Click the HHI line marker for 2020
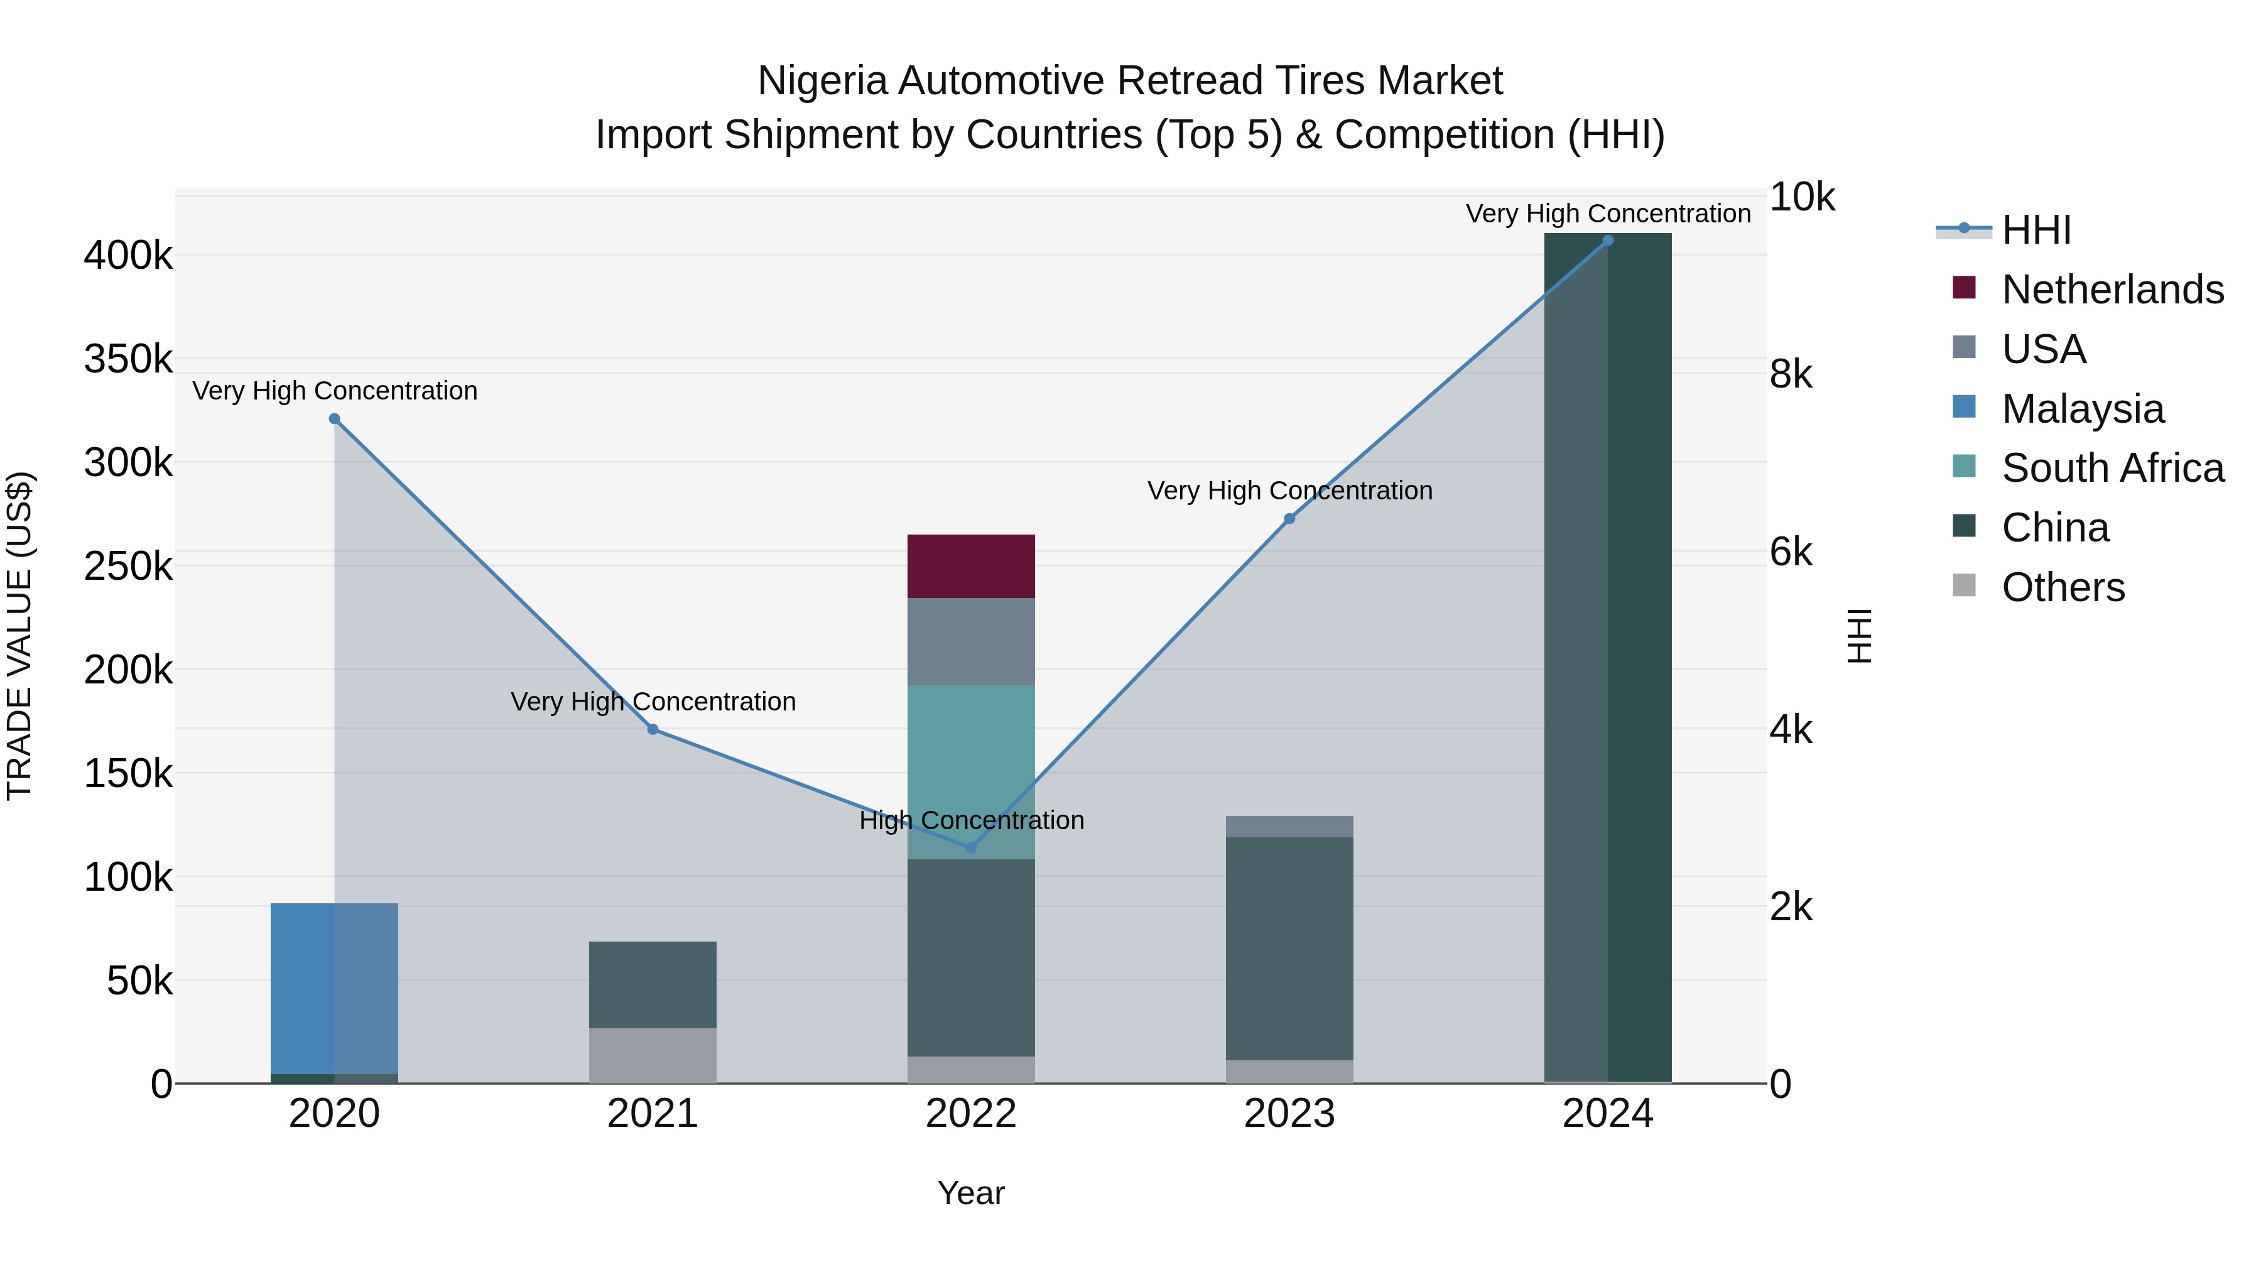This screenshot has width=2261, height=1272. pos(334,419)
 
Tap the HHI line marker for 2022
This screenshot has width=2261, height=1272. pos(971,847)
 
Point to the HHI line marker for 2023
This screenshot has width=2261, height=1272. pos(1289,519)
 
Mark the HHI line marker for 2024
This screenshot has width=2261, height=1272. pos(1608,241)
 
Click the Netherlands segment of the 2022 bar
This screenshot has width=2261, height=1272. pos(971,566)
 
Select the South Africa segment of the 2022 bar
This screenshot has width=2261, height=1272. pos(971,755)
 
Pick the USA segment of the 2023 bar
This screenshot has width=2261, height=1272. pos(1289,826)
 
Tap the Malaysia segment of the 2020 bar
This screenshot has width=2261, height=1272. pos(334,987)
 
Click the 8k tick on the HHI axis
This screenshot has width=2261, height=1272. pos(1791,375)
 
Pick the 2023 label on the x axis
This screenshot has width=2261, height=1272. pos(1289,1114)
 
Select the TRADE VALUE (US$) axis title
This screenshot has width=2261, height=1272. pos(19,636)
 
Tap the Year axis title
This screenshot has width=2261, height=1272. pos(971,1193)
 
